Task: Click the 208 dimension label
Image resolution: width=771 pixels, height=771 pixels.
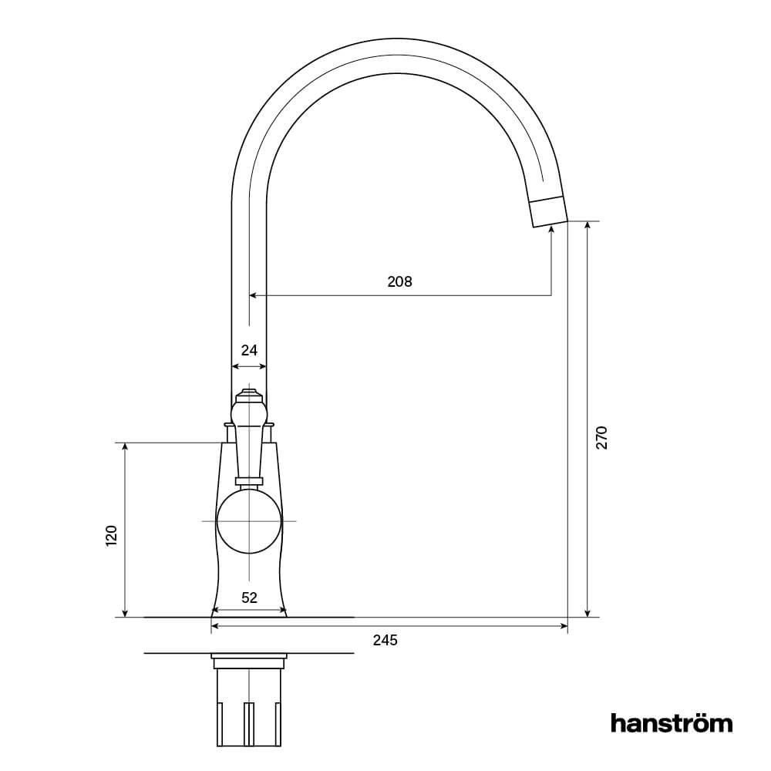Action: pyautogui.click(x=399, y=281)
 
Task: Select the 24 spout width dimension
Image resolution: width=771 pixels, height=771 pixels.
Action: pyautogui.click(x=249, y=350)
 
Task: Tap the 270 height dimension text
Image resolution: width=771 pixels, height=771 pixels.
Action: pyautogui.click(x=602, y=437)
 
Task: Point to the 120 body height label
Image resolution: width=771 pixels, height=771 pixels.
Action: pyautogui.click(x=111, y=535)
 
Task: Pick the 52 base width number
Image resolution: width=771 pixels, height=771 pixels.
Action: pyautogui.click(x=249, y=597)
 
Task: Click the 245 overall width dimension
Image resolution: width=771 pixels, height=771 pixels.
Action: pyautogui.click(x=385, y=640)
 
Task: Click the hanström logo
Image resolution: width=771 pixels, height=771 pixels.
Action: pyautogui.click(x=671, y=723)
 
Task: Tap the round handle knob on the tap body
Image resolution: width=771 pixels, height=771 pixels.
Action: pyautogui.click(x=248, y=521)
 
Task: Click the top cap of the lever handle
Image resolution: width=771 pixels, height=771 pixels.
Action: pyautogui.click(x=249, y=393)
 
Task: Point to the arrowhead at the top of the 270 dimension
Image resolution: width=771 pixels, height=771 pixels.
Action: pyautogui.click(x=588, y=226)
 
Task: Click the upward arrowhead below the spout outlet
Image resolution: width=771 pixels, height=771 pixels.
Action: pyautogui.click(x=551, y=231)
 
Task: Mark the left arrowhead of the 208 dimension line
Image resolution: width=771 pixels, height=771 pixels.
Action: pyautogui.click(x=252, y=295)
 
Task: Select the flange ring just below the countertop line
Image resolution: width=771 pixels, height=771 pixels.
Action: pyautogui.click(x=248, y=661)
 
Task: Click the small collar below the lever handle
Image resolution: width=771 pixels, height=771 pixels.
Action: pyautogui.click(x=248, y=481)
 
